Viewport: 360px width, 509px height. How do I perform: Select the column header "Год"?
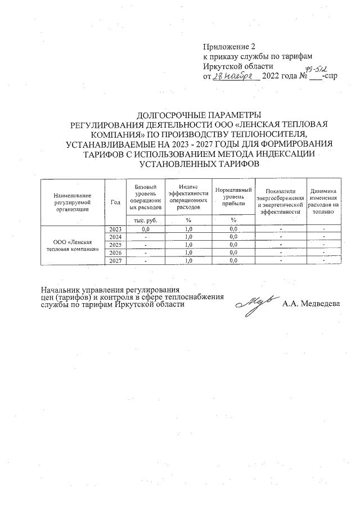(116, 202)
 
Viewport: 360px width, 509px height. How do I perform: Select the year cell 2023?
(116, 229)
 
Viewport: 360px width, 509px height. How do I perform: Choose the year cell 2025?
(116, 245)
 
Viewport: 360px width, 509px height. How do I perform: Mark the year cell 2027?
(116, 260)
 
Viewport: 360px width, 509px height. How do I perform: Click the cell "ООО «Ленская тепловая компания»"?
(73, 245)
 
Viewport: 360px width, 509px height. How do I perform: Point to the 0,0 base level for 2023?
(145, 229)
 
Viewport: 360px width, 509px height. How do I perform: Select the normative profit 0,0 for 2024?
(233, 237)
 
